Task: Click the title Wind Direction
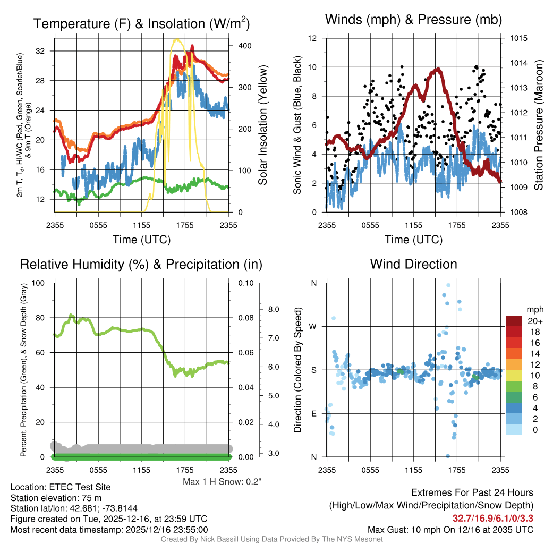pos(413,264)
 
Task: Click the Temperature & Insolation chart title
pos(141,24)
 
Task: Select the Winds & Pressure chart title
pos(413,20)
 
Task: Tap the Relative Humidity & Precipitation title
pos(141,264)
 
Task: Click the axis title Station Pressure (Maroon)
pos(538,125)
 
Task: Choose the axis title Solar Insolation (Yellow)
pos(262,125)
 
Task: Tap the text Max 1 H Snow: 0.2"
pos(223,482)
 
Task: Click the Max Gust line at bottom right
pos(450,530)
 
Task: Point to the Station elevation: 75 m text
pos(56,498)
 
